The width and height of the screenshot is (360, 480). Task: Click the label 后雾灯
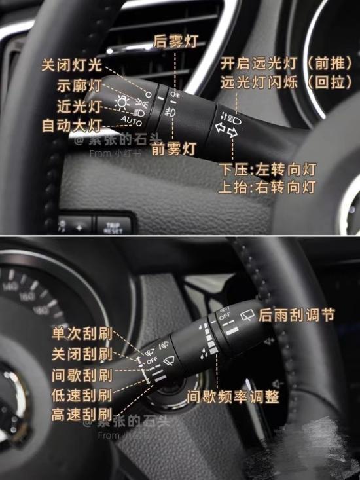click(175, 41)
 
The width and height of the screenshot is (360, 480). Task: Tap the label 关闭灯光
click(72, 65)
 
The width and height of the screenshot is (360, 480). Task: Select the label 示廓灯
click(79, 86)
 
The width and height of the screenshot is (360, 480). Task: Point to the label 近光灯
click(79, 106)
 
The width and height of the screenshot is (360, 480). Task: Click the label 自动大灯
click(72, 124)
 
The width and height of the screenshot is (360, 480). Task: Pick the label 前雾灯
click(173, 149)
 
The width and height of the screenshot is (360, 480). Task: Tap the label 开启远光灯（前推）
click(286, 64)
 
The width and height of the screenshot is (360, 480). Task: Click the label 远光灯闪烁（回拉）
click(286, 84)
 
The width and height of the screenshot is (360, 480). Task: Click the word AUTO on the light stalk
click(131, 122)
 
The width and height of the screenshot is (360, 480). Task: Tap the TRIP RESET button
click(113, 227)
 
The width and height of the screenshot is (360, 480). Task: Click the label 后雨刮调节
click(297, 316)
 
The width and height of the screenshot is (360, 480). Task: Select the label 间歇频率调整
click(232, 397)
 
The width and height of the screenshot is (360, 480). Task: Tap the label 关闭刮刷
click(82, 354)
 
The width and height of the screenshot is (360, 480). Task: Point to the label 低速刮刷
click(82, 396)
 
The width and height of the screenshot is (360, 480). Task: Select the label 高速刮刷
click(82, 415)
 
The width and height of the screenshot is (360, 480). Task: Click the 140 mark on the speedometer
click(10, 287)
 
